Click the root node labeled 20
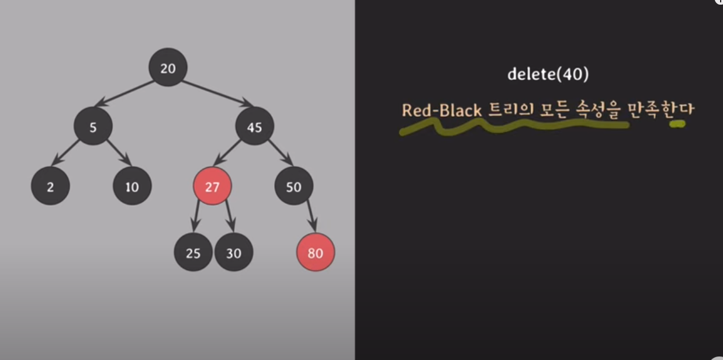(168, 68)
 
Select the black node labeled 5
(93, 126)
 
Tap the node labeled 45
(254, 126)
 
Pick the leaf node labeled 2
(50, 187)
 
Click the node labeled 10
(132, 187)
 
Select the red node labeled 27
(212, 187)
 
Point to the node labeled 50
(294, 187)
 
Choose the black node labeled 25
(193, 253)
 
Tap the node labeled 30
(233, 253)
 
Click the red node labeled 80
(316, 253)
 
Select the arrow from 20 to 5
(125, 93)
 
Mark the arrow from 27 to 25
(198, 218)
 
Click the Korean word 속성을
(597, 110)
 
